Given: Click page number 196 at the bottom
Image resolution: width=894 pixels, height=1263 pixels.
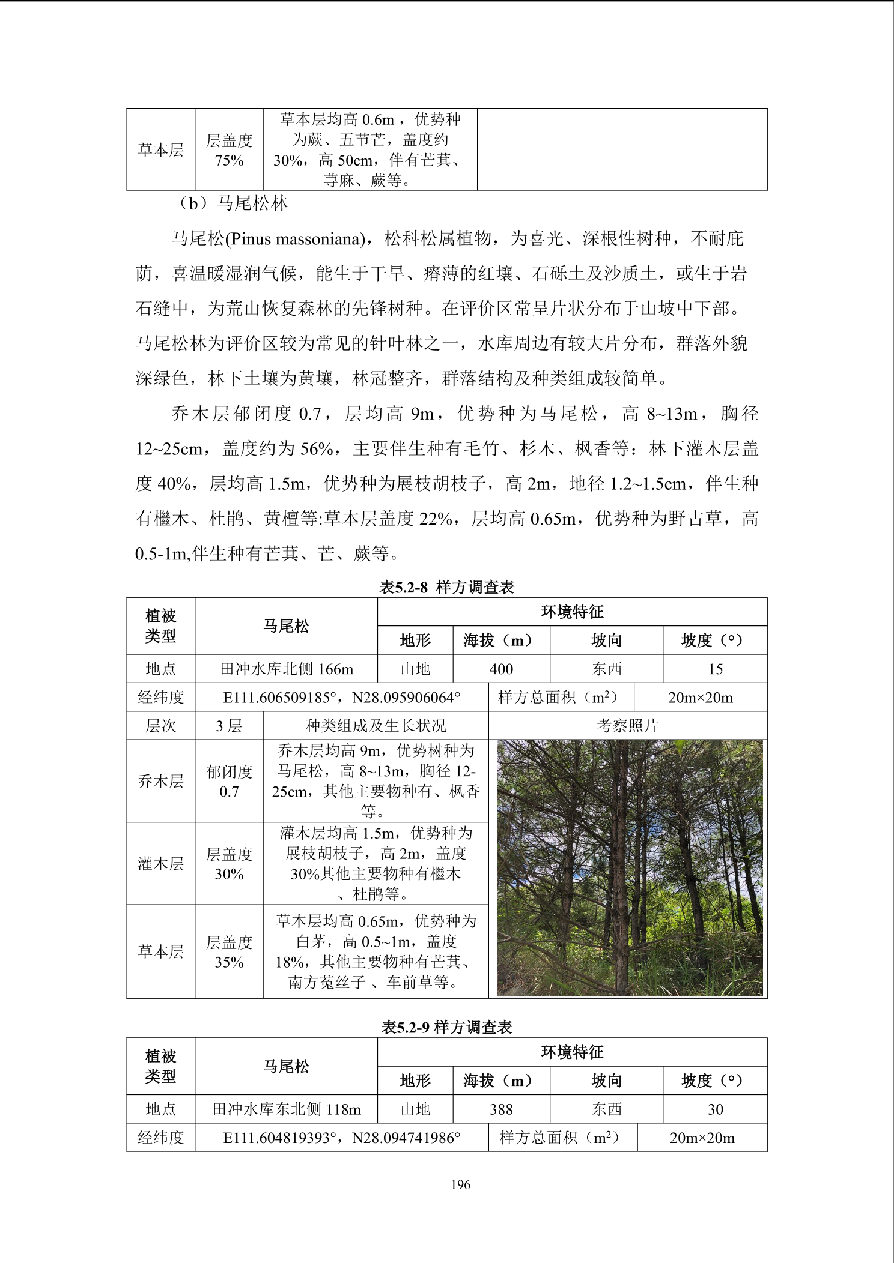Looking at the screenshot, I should pyautogui.click(x=460, y=1184).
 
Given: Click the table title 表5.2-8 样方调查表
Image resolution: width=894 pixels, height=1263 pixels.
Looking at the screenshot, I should pyautogui.click(x=446, y=587).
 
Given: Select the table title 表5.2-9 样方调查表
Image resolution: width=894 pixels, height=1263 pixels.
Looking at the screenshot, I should pyautogui.click(x=446, y=1027).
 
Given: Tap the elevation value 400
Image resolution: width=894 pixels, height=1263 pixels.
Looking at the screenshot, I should pyautogui.click(x=501, y=669).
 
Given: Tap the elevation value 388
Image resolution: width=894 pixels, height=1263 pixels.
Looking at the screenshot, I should pyautogui.click(x=501, y=1109).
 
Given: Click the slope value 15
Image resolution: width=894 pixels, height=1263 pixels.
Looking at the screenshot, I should pyautogui.click(x=715, y=669).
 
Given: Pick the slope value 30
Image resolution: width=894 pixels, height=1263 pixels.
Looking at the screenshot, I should pyautogui.click(x=715, y=1109).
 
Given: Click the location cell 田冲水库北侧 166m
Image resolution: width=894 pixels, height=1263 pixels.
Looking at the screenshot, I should pyautogui.click(x=287, y=669).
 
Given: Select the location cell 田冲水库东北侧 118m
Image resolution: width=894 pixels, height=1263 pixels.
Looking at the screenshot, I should pyautogui.click(x=287, y=1109).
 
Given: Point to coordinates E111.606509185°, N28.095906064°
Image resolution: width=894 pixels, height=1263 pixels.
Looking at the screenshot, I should pyautogui.click(x=341, y=698).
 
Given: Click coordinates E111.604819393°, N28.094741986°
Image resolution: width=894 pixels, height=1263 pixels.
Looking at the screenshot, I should pyautogui.click(x=341, y=1138).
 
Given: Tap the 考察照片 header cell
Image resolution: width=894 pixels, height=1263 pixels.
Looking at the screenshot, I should pyautogui.click(x=627, y=726).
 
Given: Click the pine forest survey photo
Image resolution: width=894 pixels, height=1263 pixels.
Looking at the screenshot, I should pyautogui.click(x=629, y=867).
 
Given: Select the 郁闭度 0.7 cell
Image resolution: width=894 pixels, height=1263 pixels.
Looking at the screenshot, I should pyautogui.click(x=229, y=781).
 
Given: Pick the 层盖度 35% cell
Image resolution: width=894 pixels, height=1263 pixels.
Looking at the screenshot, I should pyautogui.click(x=229, y=952).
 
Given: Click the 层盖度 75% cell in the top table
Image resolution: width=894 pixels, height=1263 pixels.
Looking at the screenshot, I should pyautogui.click(x=229, y=150).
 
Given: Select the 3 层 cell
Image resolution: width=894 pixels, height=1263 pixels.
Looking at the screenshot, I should pyautogui.click(x=229, y=726).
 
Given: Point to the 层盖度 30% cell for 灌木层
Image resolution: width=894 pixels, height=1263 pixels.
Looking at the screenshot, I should pyautogui.click(x=229, y=864).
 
